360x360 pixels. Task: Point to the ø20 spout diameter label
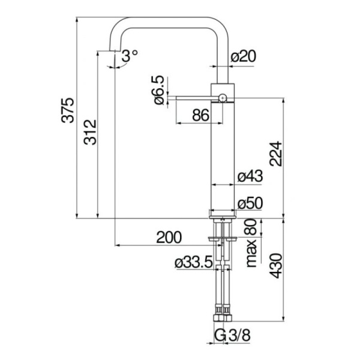243,56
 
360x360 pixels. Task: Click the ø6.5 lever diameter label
158,90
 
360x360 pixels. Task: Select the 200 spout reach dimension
169,238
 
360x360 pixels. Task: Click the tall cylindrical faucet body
223,156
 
